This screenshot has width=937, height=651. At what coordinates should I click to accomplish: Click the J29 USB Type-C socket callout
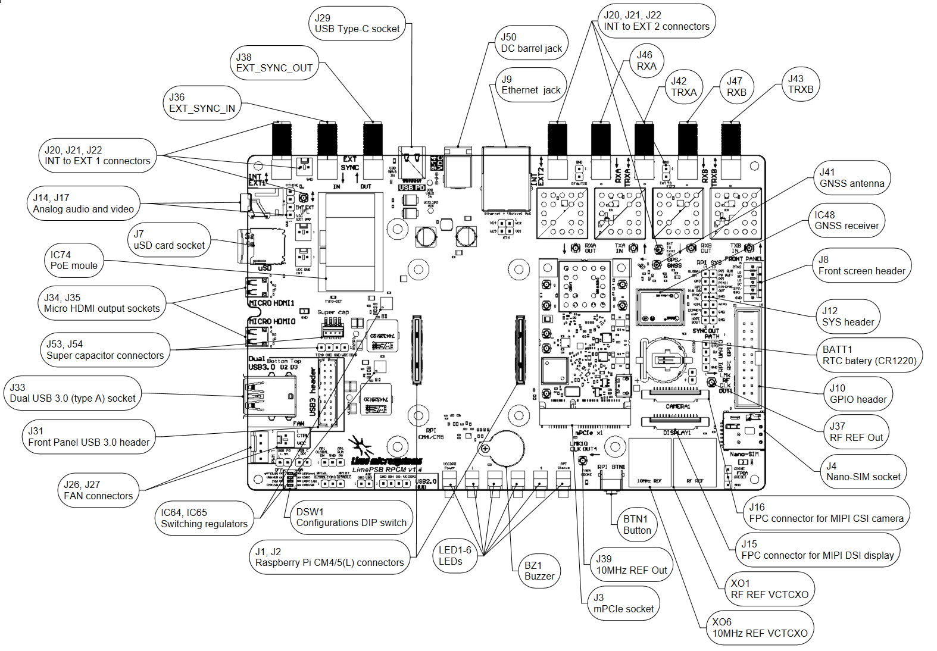[x=357, y=24]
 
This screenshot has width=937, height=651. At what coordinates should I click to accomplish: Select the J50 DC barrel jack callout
[x=531, y=43]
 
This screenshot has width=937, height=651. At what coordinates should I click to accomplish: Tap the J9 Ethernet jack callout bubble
[x=530, y=85]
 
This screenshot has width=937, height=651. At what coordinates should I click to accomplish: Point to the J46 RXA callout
[x=646, y=61]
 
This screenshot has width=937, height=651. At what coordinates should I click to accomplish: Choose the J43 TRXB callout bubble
[x=800, y=84]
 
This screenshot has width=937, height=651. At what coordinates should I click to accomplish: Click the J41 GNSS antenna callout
[x=851, y=178]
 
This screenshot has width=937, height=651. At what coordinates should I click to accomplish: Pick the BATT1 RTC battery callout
[x=869, y=355]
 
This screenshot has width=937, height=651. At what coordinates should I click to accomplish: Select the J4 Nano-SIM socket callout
[x=863, y=471]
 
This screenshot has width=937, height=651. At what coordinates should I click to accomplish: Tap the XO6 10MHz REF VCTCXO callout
[x=760, y=628]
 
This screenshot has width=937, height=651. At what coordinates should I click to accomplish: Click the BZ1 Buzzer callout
[x=539, y=571]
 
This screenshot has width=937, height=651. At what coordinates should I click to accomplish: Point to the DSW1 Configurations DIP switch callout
[x=351, y=518]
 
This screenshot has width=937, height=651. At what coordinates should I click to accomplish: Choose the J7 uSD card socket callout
[x=169, y=240]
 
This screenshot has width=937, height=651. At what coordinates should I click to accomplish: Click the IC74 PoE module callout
[x=74, y=261]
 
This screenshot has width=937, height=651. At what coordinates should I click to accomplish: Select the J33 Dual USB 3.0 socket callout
[x=73, y=393]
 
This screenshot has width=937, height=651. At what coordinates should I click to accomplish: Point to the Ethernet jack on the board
[x=506, y=179]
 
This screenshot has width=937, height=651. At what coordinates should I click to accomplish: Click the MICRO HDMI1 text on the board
[x=271, y=303]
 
